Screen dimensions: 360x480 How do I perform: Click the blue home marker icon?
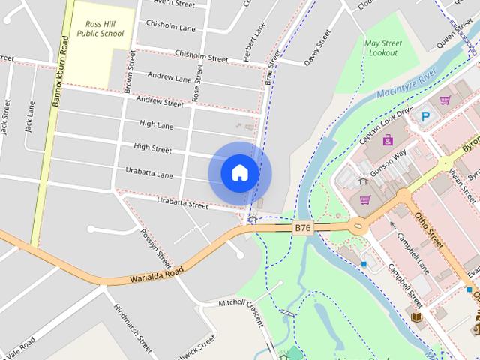[239, 173]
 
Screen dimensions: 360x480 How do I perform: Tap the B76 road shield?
[302, 228]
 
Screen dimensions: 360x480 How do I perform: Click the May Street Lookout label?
[382, 49]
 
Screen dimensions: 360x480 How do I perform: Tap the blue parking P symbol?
[425, 116]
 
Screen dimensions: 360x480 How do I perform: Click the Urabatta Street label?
[182, 202]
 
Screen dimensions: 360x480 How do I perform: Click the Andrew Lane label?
[169, 76]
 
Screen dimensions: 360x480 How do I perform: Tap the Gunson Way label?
[388, 164]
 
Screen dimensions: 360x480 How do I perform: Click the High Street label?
[153, 148]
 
